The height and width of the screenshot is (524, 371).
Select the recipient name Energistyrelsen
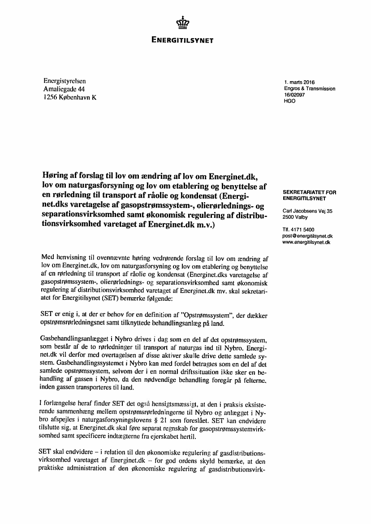65,82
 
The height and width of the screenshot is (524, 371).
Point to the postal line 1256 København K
69,98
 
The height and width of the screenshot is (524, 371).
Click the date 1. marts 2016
299,82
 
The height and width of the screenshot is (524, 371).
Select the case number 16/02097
294,95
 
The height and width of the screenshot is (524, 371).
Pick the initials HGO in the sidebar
290,101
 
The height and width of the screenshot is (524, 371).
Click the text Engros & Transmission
310,89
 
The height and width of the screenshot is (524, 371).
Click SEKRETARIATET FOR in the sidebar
310,192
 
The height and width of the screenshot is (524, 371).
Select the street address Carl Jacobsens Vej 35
307,211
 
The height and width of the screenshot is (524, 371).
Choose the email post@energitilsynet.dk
307,236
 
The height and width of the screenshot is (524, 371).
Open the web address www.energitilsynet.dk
306,242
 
